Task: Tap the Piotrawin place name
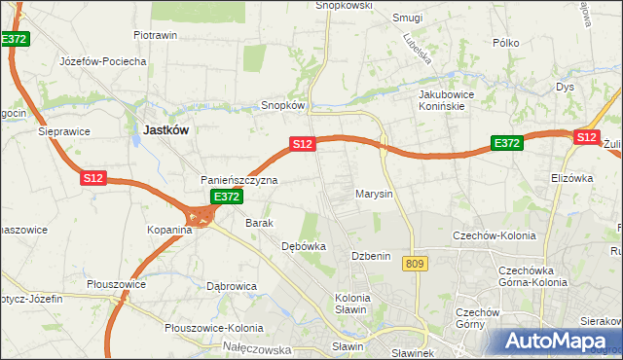155,35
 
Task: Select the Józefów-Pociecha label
103,61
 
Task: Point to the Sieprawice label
64,129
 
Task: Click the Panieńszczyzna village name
239,180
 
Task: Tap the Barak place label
260,223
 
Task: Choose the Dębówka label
303,246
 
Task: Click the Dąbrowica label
232,286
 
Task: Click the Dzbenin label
371,256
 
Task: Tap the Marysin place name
374,194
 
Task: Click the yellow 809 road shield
417,264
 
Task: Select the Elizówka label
571,178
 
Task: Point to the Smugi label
406,17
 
